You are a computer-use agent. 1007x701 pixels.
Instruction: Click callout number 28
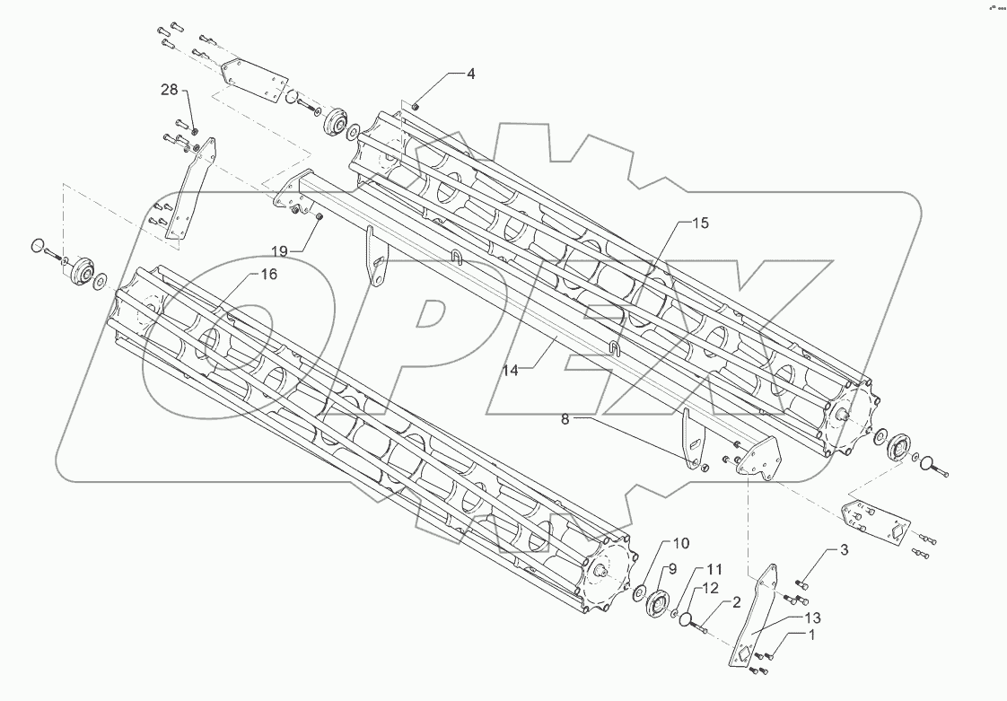tap(170, 91)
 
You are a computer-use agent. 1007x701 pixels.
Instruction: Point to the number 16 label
tap(268, 275)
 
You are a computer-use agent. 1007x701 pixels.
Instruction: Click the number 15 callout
tap(700, 223)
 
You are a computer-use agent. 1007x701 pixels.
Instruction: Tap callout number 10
tap(680, 544)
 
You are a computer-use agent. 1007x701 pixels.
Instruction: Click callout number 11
tap(714, 569)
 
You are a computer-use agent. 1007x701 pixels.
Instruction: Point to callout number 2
tap(736, 603)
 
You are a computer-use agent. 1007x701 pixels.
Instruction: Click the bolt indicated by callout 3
tap(801, 584)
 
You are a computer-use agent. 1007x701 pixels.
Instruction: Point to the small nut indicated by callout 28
tap(196, 132)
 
